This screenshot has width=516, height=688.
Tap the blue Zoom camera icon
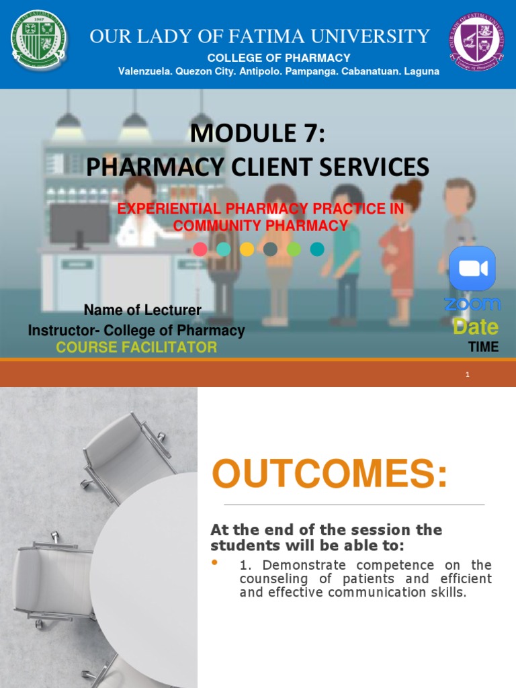pyautogui.click(x=472, y=269)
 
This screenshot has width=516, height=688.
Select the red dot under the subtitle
pyautogui.click(x=200, y=249)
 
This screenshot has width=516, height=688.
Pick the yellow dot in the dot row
pyautogui.click(x=247, y=249)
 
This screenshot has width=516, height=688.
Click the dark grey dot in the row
pyautogui.click(x=270, y=249)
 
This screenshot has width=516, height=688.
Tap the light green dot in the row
pyautogui.click(x=294, y=249)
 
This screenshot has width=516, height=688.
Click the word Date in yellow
pyautogui.click(x=476, y=327)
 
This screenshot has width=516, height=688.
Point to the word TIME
pyautogui.click(x=484, y=347)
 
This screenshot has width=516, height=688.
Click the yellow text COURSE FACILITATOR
pyautogui.click(x=136, y=347)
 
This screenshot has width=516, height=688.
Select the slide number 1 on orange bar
pyautogui.click(x=467, y=374)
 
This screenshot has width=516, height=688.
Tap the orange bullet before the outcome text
pyautogui.click(x=215, y=562)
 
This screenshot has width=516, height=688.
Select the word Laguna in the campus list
pyautogui.click(x=420, y=71)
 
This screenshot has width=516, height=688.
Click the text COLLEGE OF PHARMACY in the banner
pyautogui.click(x=279, y=58)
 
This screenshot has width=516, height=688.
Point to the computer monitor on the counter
pyautogui.click(x=79, y=224)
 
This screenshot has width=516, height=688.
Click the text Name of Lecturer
pyautogui.click(x=142, y=310)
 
